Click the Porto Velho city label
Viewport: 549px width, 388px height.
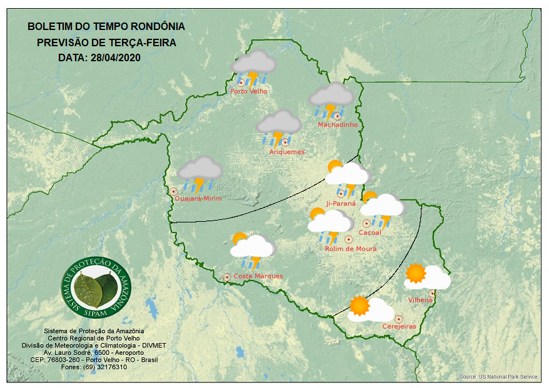coord(249,91)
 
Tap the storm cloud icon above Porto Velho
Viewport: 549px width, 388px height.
coord(253,66)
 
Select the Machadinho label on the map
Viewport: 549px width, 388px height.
coord(337,125)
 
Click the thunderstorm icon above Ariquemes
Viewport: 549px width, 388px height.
coord(279,126)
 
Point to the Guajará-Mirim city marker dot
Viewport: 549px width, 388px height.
coord(173,191)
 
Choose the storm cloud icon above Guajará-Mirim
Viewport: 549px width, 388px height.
coord(199,172)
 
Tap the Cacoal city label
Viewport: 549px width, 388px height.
coord(370,233)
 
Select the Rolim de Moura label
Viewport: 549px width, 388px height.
coord(350,249)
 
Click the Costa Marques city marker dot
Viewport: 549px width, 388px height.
coord(227,276)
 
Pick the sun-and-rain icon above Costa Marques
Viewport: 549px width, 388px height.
coord(251,249)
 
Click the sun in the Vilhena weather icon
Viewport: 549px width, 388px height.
coord(415,273)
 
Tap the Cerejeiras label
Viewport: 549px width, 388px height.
coord(399,327)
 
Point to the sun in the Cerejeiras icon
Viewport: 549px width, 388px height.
coord(360,305)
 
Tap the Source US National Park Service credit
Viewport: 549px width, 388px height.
coord(498,377)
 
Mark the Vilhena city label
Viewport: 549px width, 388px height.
coord(420,301)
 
